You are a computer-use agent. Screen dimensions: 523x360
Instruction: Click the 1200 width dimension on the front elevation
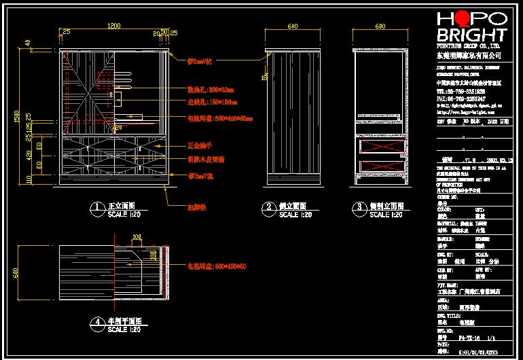[x=114, y=26]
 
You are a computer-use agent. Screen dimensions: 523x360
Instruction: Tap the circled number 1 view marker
[x=96, y=207]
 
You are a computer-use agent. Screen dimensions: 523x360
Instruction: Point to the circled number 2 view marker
[x=268, y=207]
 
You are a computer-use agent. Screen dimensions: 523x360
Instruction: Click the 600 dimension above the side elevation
[x=293, y=26]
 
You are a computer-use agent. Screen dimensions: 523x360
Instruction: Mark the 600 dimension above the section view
[x=380, y=26]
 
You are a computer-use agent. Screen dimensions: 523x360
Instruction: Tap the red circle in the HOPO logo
[x=464, y=19]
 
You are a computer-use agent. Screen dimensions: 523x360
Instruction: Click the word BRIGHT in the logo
[x=471, y=35]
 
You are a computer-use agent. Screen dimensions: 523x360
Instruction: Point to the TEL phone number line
[x=461, y=90]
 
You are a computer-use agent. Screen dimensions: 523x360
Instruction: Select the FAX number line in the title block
[x=461, y=98]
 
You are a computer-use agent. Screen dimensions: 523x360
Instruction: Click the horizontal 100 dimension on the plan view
[x=137, y=237]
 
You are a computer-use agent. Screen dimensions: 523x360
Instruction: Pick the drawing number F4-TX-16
[x=469, y=337]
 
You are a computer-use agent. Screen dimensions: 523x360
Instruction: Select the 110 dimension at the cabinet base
[x=28, y=179]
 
